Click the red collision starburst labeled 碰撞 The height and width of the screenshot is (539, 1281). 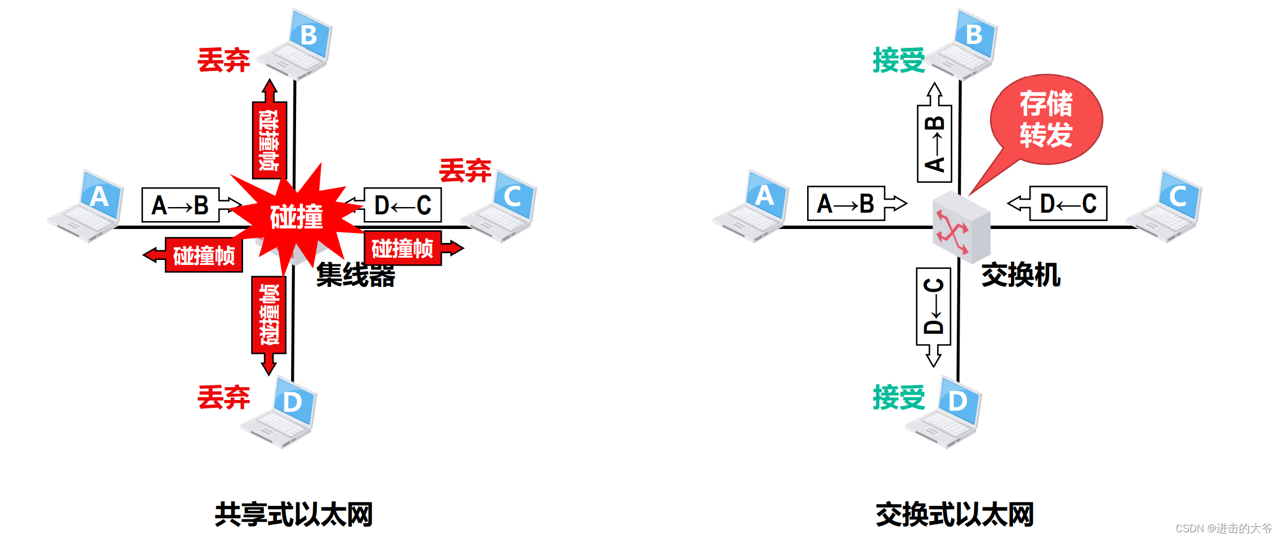[x=296, y=217]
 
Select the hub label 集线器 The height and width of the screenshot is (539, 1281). [x=356, y=275]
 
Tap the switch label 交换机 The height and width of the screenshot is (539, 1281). [x=1020, y=275]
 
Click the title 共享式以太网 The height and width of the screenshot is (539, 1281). [x=293, y=514]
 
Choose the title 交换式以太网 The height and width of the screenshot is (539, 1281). [x=955, y=514]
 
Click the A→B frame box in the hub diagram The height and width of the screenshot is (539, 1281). [x=181, y=205]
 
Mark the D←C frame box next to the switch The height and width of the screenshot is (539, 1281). [x=1068, y=203]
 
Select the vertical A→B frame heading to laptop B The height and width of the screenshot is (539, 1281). [x=934, y=143]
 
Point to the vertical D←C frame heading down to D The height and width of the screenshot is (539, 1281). [x=934, y=307]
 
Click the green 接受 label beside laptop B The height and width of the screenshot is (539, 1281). [x=898, y=60]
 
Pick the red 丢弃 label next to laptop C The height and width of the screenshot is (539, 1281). [x=465, y=170]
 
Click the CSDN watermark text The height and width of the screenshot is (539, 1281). [x=1224, y=528]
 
